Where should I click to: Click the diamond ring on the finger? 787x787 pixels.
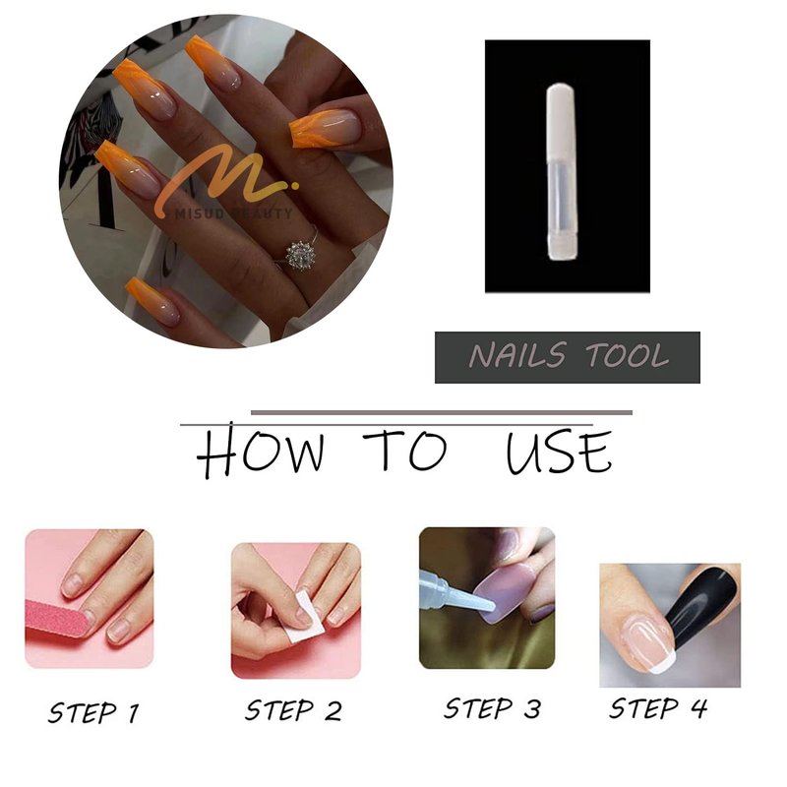coord(300,254)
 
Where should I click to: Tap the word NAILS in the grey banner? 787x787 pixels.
coord(518,355)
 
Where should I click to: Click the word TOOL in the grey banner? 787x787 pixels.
coord(628,355)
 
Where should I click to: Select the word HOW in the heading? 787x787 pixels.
coord(260,451)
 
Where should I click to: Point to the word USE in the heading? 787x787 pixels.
coord(559,453)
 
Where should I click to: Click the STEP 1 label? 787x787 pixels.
coord(93,712)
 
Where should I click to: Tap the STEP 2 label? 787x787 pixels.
coord(293,710)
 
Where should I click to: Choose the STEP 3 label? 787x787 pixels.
coord(493,708)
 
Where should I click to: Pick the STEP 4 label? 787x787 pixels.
coord(658,708)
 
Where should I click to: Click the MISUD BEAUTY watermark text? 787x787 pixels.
coord(234,213)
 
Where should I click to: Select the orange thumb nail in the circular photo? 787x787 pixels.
coord(326,128)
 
